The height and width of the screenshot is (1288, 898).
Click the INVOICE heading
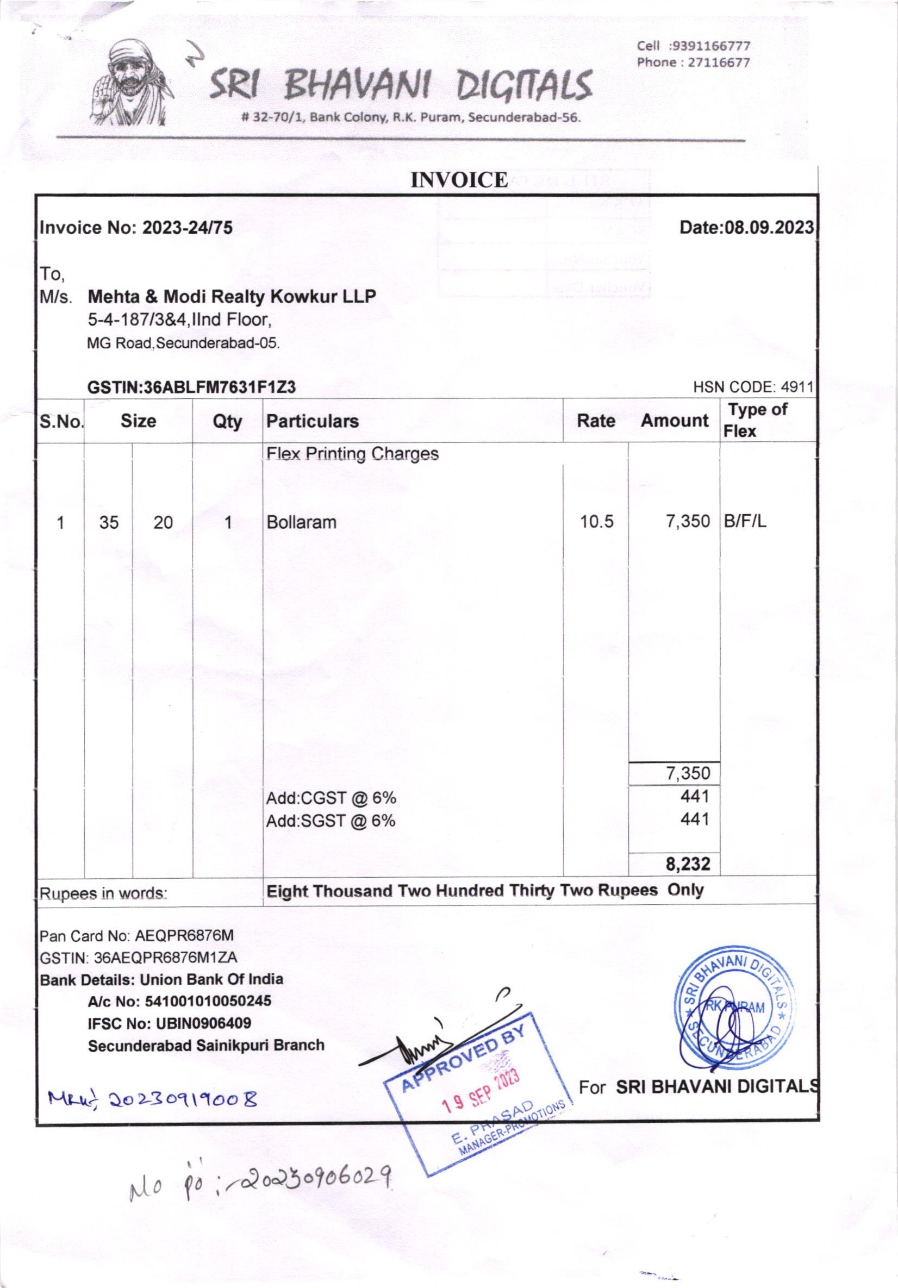(459, 180)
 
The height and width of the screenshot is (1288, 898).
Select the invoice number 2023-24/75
(187, 228)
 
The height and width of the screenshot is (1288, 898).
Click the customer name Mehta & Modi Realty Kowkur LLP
(232, 296)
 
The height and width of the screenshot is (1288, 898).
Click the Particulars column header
(312, 421)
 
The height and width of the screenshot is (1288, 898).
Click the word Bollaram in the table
(301, 522)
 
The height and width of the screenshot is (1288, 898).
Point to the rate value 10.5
(597, 522)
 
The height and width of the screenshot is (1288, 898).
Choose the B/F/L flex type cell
(744, 521)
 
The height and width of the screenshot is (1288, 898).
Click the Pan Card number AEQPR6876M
(184, 935)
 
